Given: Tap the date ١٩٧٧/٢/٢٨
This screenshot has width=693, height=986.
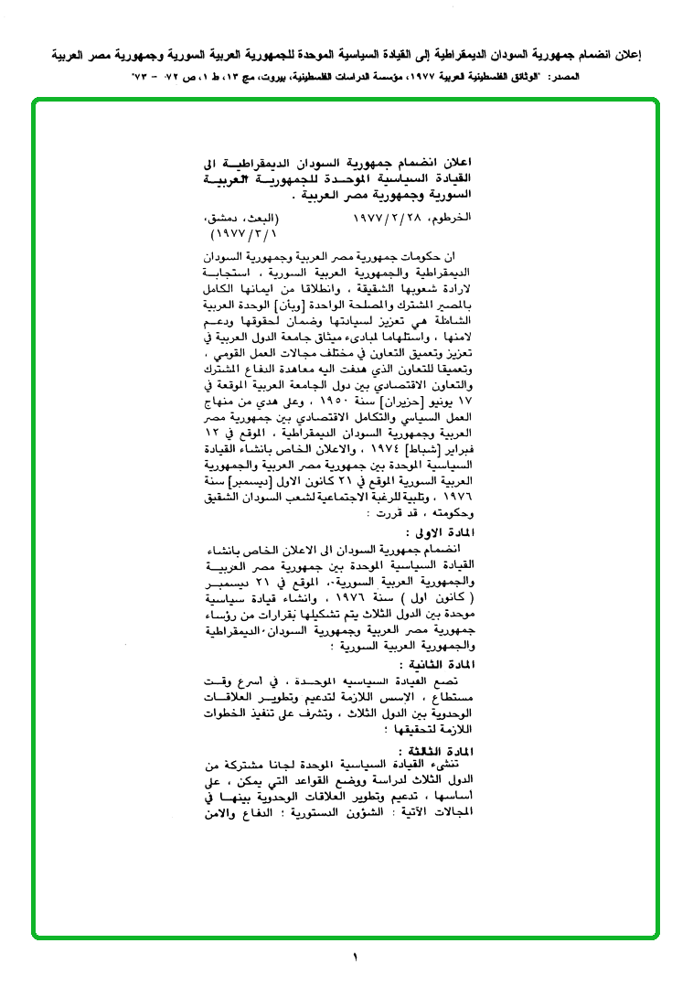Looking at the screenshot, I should pyautogui.click(x=383, y=220).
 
